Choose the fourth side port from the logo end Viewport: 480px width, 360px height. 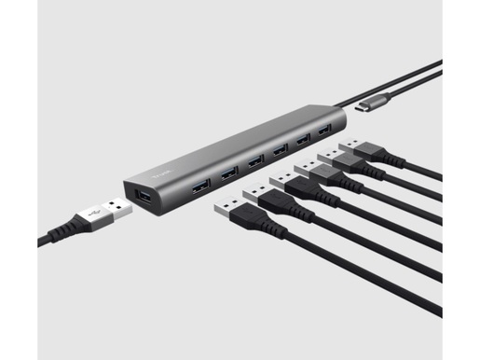pos(279,148)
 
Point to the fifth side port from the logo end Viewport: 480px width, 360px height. pos(301,139)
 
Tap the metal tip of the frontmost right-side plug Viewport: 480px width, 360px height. pos(226,205)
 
